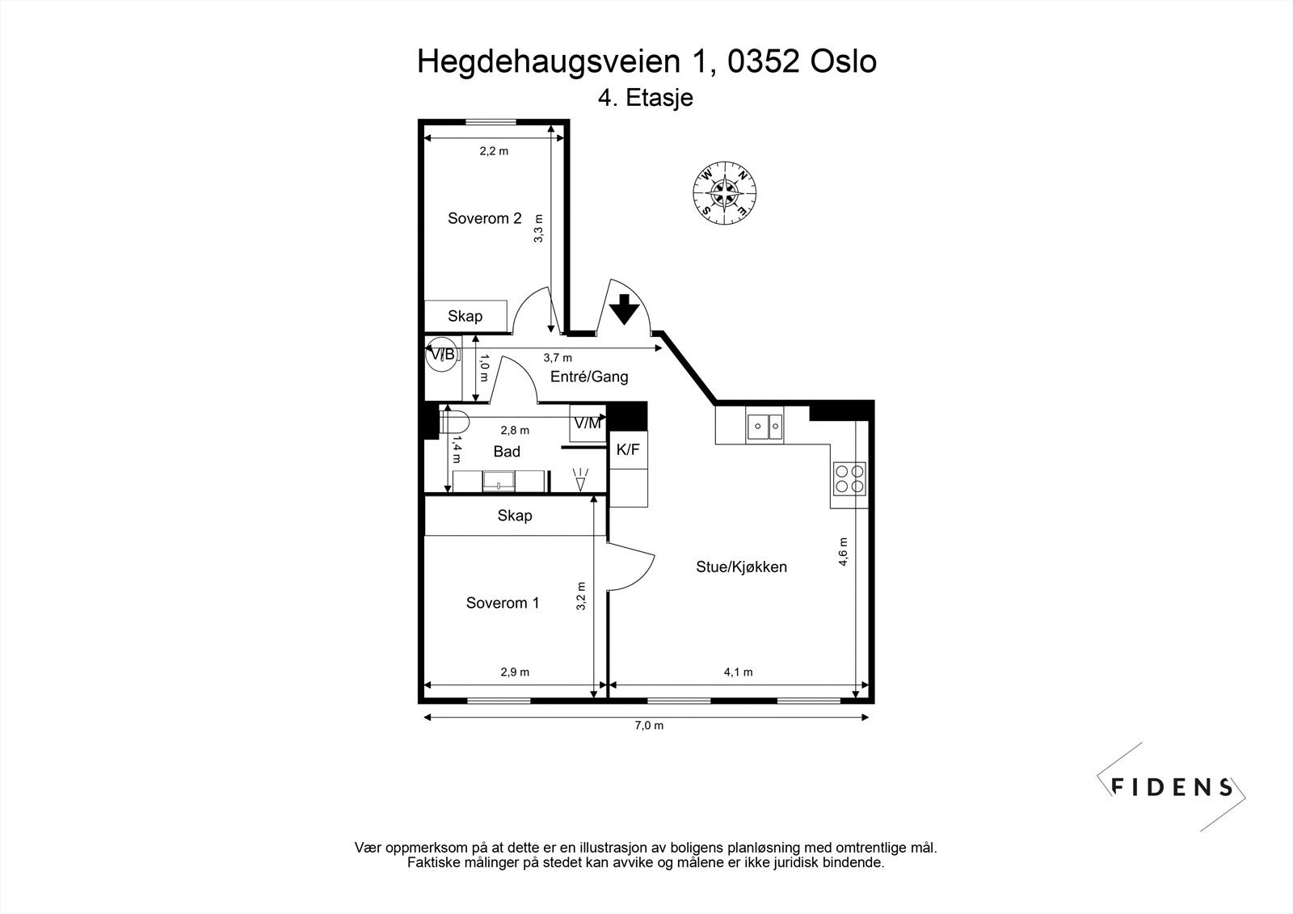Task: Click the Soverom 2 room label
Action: [485, 218]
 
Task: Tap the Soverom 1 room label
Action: [502, 603]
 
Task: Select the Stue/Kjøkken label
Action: [741, 567]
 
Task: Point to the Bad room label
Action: [507, 452]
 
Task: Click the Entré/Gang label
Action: [589, 377]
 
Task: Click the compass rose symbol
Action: [725, 192]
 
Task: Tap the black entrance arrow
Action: [624, 309]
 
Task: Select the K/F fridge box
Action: [628, 450]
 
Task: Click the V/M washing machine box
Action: [588, 423]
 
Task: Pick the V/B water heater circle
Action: [442, 354]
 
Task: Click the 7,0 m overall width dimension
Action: [648, 726]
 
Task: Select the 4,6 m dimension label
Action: [843, 552]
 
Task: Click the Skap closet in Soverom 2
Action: [465, 316]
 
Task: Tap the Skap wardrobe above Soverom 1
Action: [515, 516]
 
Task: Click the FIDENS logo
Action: [1172, 786]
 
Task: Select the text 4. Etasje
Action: [646, 99]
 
